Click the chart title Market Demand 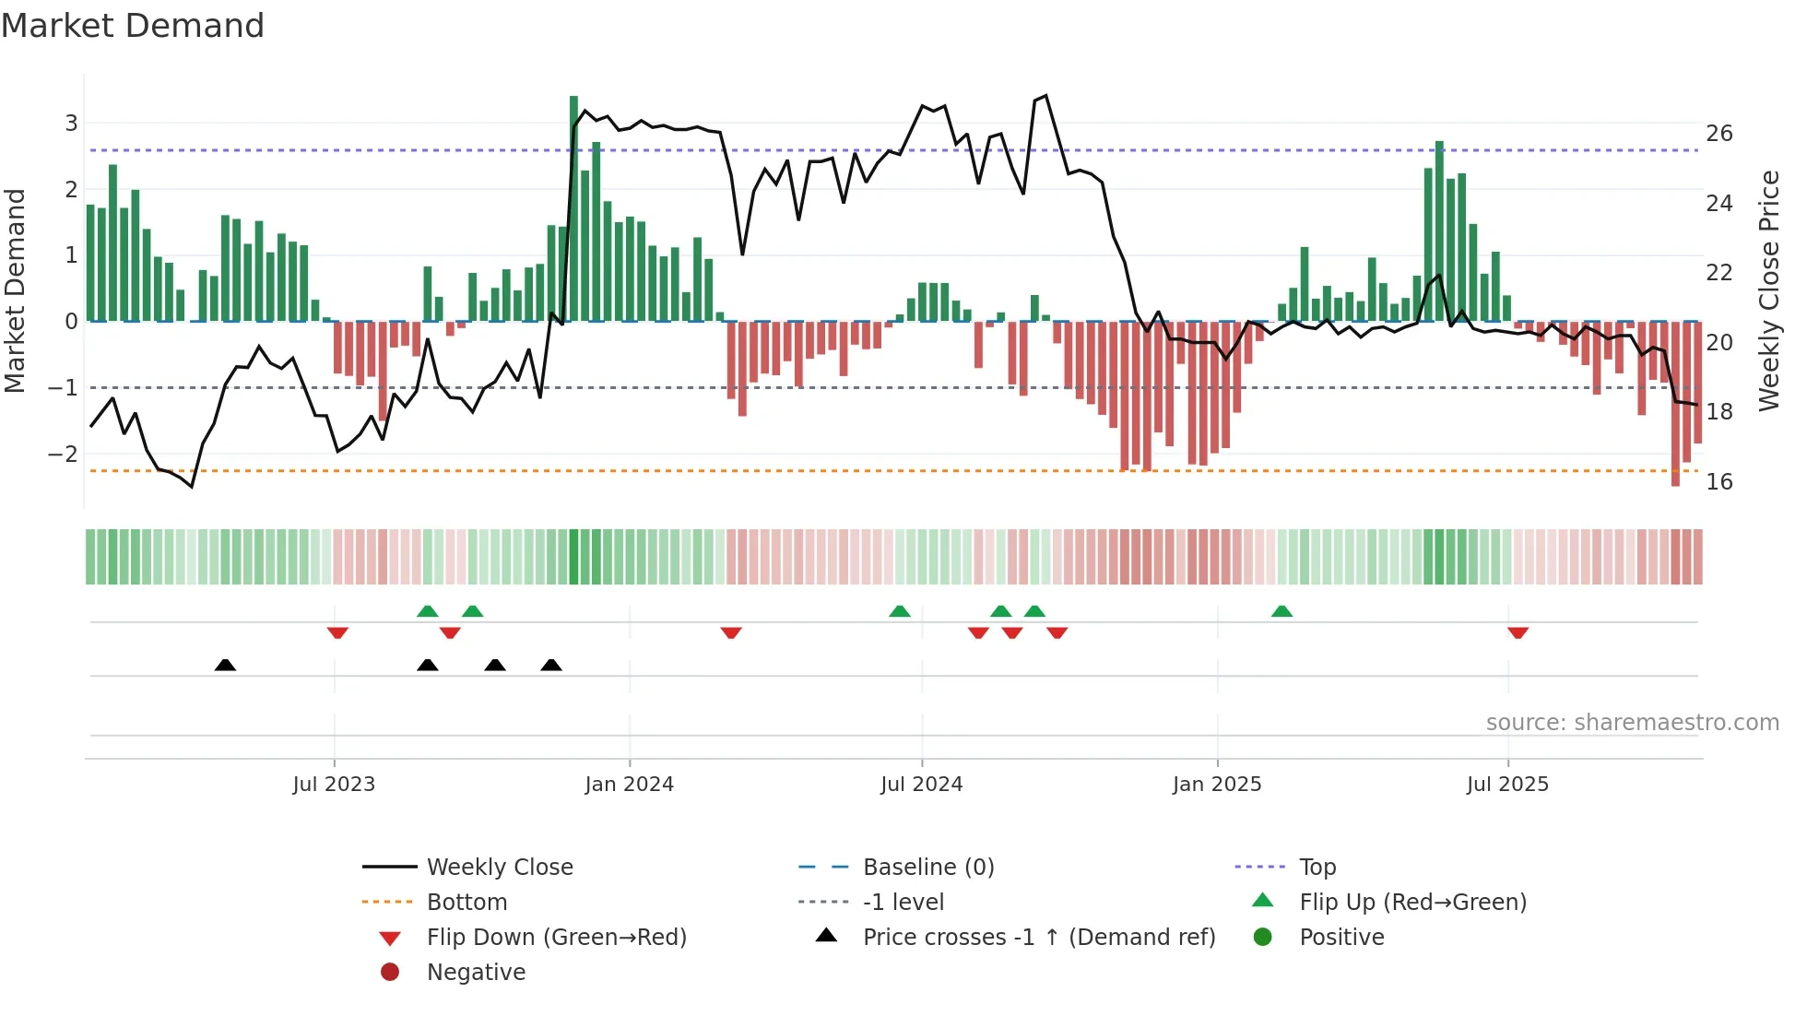pyautogui.click(x=133, y=26)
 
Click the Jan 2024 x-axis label pyautogui.click(x=629, y=785)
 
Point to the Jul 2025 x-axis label pyautogui.click(x=1507, y=785)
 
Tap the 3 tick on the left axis pyautogui.click(x=71, y=124)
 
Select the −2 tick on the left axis pyautogui.click(x=64, y=454)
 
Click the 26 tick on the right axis pyautogui.click(x=1718, y=134)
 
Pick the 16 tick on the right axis pyautogui.click(x=1718, y=481)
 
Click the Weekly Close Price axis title pyautogui.click(x=1768, y=290)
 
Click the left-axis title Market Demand pyautogui.click(x=16, y=290)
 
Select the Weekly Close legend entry pyautogui.click(x=499, y=867)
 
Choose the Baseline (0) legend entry pyautogui.click(x=927, y=867)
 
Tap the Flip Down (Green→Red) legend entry pyautogui.click(x=556, y=937)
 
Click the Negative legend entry pyautogui.click(x=476, y=972)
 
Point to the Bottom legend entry pyautogui.click(x=467, y=902)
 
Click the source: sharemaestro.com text pyautogui.click(x=1632, y=722)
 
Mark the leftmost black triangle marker pyautogui.click(x=225, y=665)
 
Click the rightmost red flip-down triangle pyautogui.click(x=1518, y=632)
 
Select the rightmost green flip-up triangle pyautogui.click(x=1281, y=611)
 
